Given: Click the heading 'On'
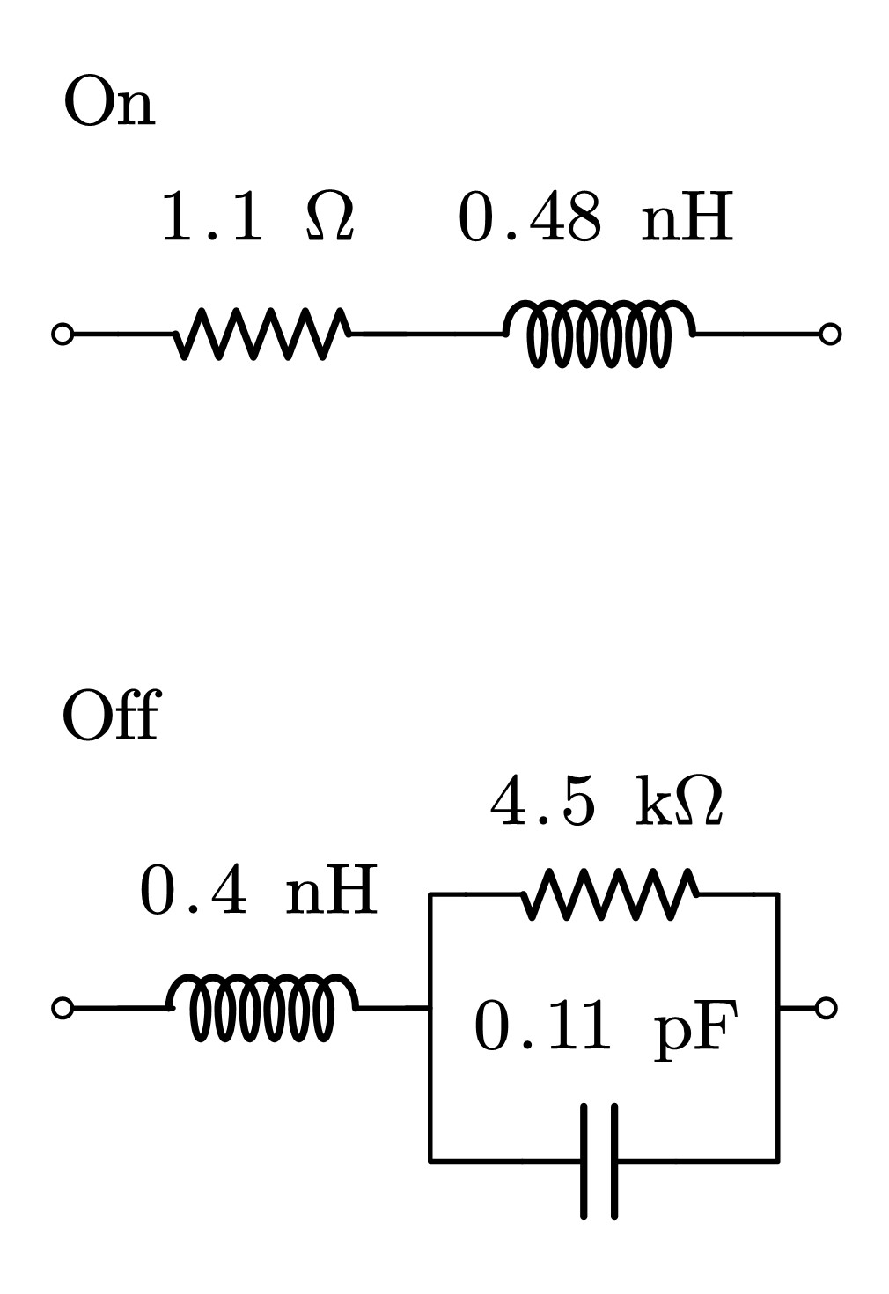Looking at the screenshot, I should pyautogui.click(x=109, y=103).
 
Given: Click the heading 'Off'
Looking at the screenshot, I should pyautogui.click(x=111, y=717).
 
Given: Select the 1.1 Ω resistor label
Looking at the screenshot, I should pyautogui.click(x=257, y=217).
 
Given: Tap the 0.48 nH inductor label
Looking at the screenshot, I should pyautogui.click(x=595, y=217).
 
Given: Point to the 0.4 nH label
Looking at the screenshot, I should pyautogui.click(x=259, y=891).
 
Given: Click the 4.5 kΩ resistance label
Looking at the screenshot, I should pyautogui.click(x=606, y=803).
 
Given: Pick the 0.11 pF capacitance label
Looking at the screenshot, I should pyautogui.click(x=605, y=1026).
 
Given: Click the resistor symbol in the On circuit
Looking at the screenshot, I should pyautogui.click(x=263, y=334).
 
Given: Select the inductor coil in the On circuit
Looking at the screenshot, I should pyautogui.click(x=599, y=334).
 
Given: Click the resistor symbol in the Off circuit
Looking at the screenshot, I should pyautogui.click(x=610, y=894).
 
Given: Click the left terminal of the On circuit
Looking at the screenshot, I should pyautogui.click(x=62, y=335).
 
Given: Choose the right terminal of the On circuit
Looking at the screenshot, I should pyautogui.click(x=829, y=335).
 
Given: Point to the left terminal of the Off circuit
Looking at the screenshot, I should pyautogui.click(x=62, y=1008).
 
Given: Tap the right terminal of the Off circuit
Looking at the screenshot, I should pyautogui.click(x=826, y=1008).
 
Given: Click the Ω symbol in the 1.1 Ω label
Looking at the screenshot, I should pyautogui.click(x=330, y=217).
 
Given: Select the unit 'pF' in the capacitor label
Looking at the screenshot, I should pyautogui.click(x=695, y=1028).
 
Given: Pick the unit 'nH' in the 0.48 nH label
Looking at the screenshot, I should pyautogui.click(x=687, y=218).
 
